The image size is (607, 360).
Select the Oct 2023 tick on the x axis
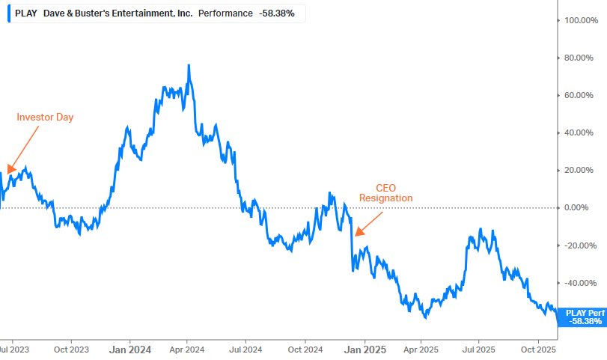coord(72,349)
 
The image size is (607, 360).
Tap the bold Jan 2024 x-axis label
coord(130,349)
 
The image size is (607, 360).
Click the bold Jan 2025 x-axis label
coord(364,349)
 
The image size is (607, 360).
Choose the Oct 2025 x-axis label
coord(538,349)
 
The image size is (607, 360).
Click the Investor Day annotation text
coord(45,117)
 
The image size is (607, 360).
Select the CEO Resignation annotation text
coord(385,193)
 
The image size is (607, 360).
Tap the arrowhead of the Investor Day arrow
coord(10,170)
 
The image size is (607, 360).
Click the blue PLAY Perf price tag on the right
coord(585,317)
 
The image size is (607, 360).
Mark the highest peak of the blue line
coord(189,66)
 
